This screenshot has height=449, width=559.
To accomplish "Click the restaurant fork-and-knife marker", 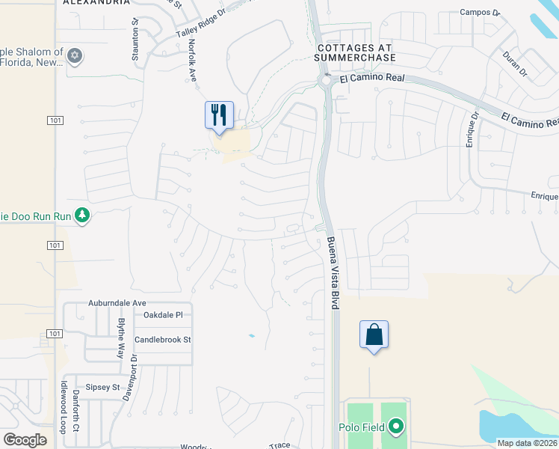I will pyautogui.click(x=219, y=115).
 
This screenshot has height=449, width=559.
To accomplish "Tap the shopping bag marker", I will pyautogui.click(x=374, y=335).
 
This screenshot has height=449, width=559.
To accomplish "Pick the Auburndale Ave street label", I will pyautogui.click(x=117, y=303).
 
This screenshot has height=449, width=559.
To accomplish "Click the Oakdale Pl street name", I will pyautogui.click(x=162, y=315).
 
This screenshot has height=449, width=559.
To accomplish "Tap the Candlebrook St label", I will pyautogui.click(x=163, y=340).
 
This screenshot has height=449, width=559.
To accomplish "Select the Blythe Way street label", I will pyautogui.click(x=121, y=338).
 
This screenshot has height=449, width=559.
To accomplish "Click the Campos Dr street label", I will pyautogui.click(x=478, y=12).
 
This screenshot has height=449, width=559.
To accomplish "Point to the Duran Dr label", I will pyautogui.click(x=515, y=64).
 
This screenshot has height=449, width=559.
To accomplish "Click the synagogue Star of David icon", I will pyautogui.click(x=74, y=55).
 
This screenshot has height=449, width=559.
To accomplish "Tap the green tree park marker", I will pyautogui.click(x=82, y=216).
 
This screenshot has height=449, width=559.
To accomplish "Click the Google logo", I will pyautogui.click(x=25, y=440).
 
